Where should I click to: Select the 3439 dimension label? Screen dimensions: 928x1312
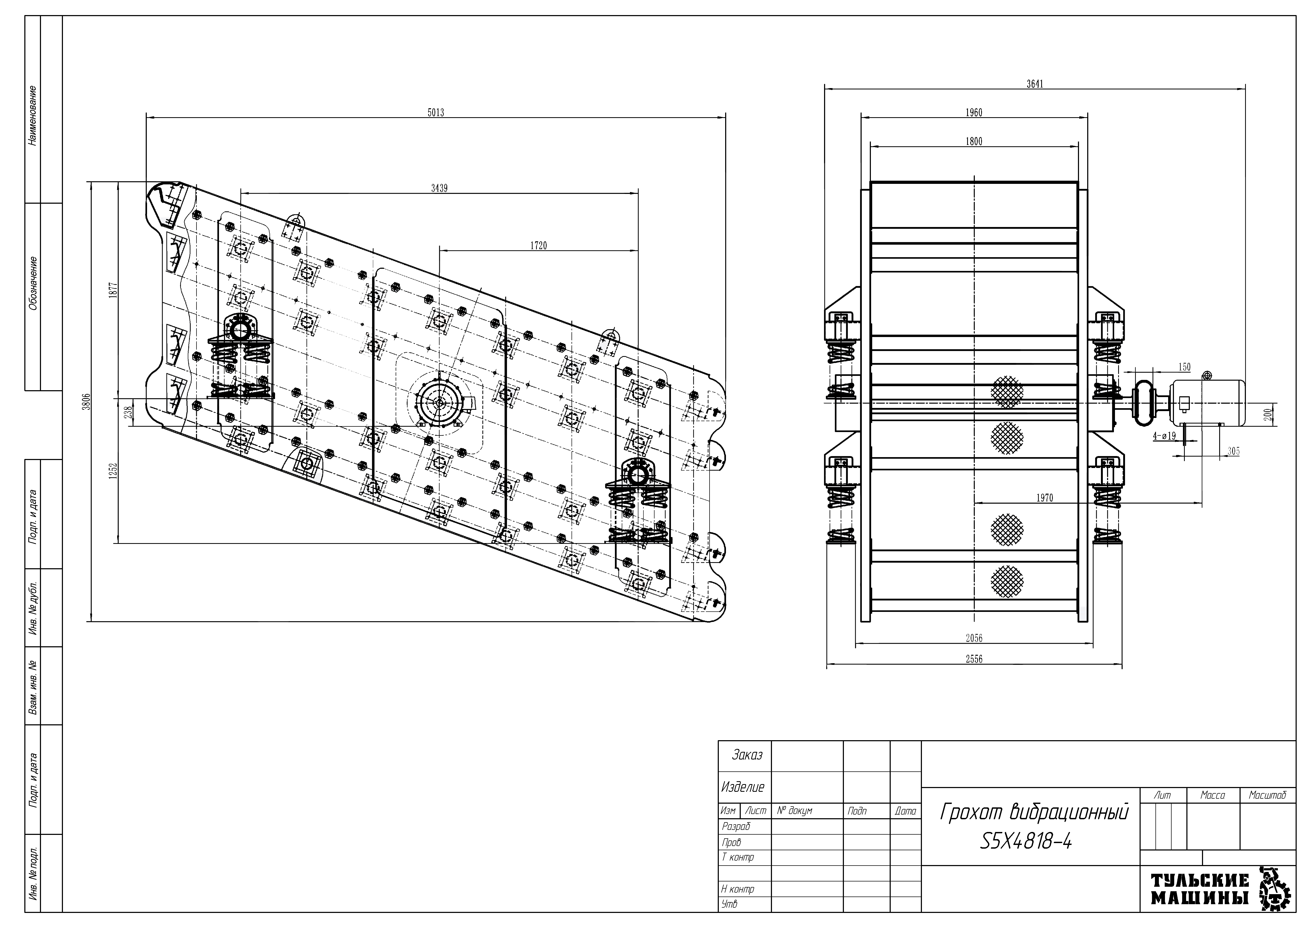(439, 189)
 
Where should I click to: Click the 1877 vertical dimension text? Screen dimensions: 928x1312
(113, 290)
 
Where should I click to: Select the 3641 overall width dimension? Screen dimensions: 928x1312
(1034, 84)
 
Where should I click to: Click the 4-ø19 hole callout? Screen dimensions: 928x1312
(1164, 436)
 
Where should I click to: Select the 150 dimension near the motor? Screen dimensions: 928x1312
(1184, 367)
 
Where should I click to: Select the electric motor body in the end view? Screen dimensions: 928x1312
(1207, 403)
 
